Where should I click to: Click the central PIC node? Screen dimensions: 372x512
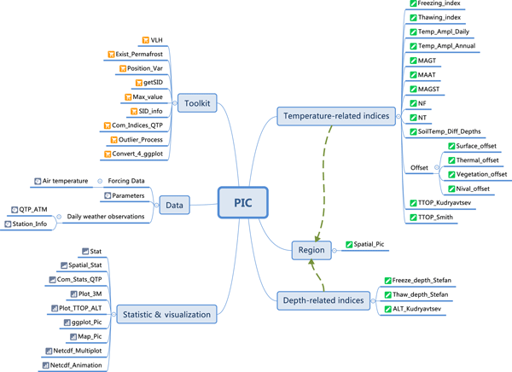pyautogui.click(x=242, y=203)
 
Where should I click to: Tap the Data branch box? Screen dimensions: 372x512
pyautogui.click(x=174, y=205)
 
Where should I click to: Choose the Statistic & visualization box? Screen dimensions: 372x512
pyautogui.click(x=166, y=314)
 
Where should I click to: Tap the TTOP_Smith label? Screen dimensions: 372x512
pyautogui.click(x=439, y=218)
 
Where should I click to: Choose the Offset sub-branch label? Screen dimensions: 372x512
pyautogui.click(x=418, y=167)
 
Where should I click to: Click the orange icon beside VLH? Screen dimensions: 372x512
pyautogui.click(x=145, y=39)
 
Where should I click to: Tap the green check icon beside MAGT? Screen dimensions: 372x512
pyautogui.click(x=412, y=61)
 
